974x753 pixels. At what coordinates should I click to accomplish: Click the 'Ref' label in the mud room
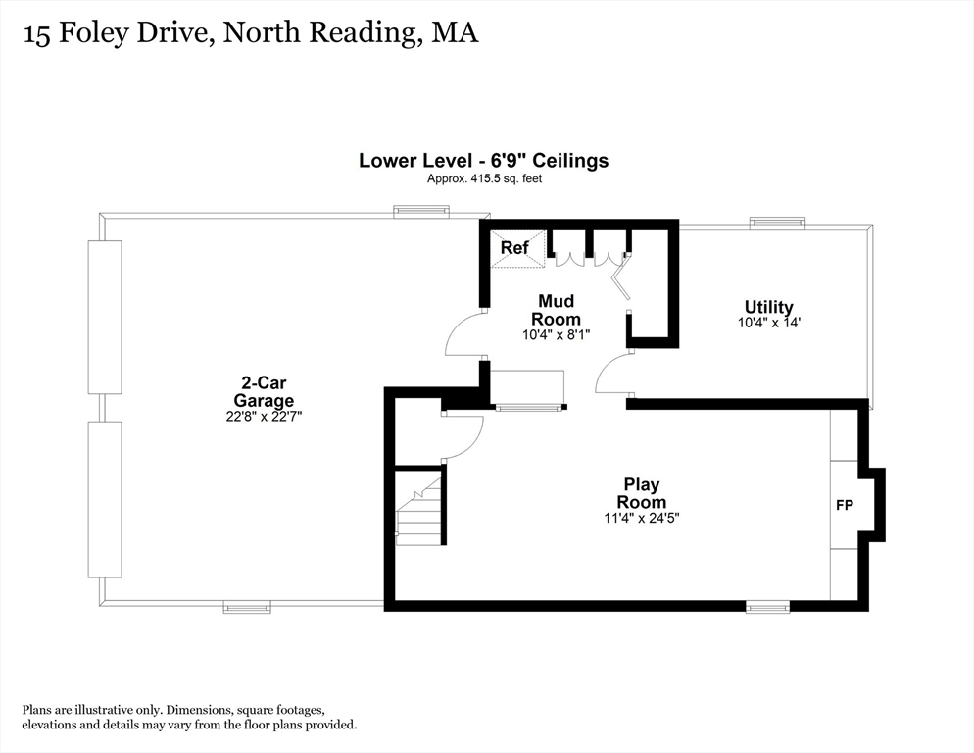click(x=514, y=248)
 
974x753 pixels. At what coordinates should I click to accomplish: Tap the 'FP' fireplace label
click(x=844, y=506)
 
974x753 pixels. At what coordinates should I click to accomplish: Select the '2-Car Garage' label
click(x=264, y=391)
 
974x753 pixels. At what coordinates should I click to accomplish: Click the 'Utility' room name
click(x=768, y=307)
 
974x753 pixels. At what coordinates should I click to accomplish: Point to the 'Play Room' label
click(x=642, y=493)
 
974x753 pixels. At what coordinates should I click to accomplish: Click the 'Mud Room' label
click(x=556, y=310)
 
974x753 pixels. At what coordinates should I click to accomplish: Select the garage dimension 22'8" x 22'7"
click(x=264, y=416)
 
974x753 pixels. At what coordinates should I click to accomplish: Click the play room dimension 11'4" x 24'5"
click(x=642, y=518)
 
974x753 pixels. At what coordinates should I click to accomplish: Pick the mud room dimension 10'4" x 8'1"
click(x=556, y=334)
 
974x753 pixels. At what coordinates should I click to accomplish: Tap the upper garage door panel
click(x=105, y=316)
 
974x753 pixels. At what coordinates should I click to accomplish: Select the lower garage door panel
click(x=105, y=499)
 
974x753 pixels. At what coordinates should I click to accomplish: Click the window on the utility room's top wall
click(x=777, y=223)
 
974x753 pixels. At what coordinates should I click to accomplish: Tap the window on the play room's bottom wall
click(x=767, y=608)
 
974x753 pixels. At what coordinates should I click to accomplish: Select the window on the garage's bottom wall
click(x=247, y=607)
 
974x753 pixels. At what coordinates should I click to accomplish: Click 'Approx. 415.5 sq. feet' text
click(x=484, y=178)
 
